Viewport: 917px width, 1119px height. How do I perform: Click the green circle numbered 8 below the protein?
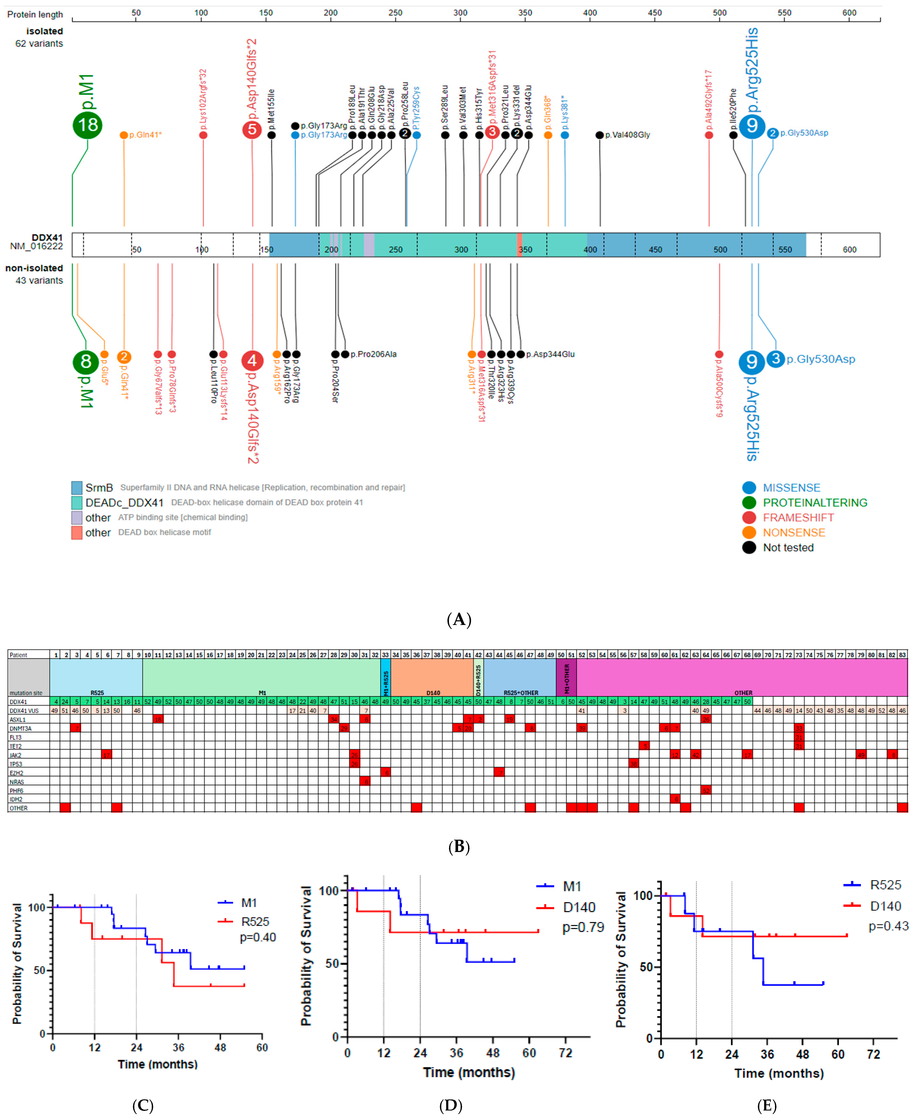[x=86, y=362]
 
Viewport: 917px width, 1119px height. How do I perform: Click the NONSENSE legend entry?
[x=794, y=533]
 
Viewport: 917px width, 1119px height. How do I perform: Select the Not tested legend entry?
[x=788, y=547]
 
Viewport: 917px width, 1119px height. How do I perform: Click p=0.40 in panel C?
[x=258, y=937]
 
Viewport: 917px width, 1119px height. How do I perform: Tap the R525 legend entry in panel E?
[x=885, y=885]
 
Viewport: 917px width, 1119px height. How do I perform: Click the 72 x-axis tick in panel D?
[x=565, y=1053]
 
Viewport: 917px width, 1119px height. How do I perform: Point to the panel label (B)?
[x=458, y=847]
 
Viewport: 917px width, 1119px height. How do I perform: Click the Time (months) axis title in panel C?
[x=158, y=1064]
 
